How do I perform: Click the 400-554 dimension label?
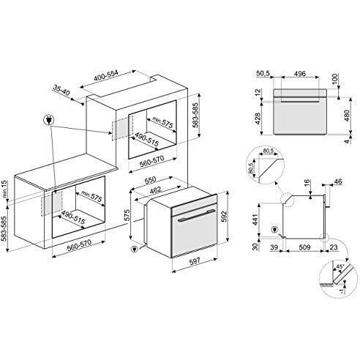106,75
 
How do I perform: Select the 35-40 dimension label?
61,90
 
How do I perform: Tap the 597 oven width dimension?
195,261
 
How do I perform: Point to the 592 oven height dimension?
224,217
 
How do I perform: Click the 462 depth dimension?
155,190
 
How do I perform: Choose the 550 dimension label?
150,180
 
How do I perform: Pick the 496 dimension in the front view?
300,73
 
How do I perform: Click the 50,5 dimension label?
263,73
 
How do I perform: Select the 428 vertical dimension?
258,119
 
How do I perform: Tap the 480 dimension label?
346,116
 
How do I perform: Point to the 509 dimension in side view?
304,247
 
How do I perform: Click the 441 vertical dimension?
255,220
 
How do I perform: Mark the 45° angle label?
340,266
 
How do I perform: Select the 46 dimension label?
337,181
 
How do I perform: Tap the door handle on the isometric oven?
197,215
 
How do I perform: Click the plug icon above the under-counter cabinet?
48,120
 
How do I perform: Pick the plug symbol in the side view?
274,230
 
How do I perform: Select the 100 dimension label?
335,79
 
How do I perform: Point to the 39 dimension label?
274,247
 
